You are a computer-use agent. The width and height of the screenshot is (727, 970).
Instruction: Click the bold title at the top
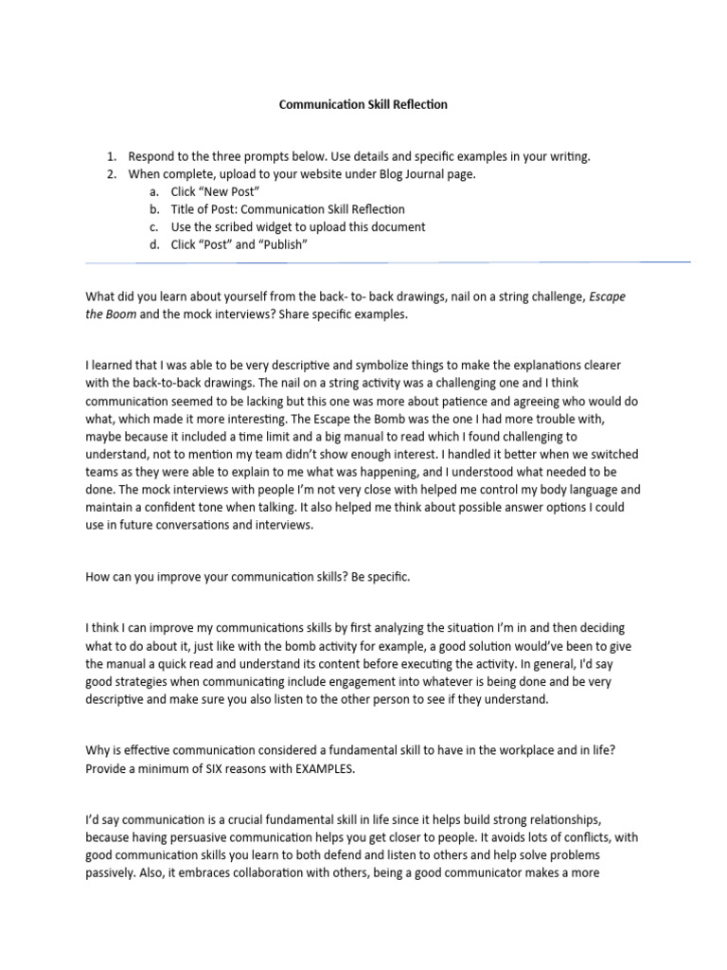[x=363, y=105]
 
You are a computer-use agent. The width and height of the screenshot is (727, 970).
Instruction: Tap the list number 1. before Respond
[x=111, y=156]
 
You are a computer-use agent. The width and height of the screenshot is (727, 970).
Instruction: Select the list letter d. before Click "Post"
[x=155, y=244]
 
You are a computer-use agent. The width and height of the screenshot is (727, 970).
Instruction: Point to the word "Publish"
[x=282, y=244]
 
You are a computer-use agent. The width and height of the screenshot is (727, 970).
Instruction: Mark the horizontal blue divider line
[x=387, y=262]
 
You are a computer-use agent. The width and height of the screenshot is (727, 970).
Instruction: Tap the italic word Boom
[x=120, y=314]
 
